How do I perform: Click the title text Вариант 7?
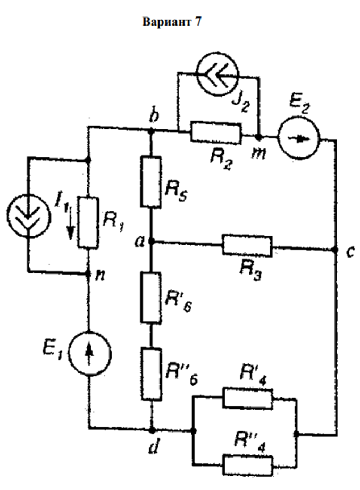tap(172, 24)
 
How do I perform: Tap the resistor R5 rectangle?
tap(151, 181)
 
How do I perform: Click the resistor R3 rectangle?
tap(247, 245)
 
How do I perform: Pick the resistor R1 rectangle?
tap(88, 221)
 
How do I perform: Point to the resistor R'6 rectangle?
tap(151, 298)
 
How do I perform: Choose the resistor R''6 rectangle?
tap(151, 375)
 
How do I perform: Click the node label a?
tap(139, 242)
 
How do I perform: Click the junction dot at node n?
tap(89, 274)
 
